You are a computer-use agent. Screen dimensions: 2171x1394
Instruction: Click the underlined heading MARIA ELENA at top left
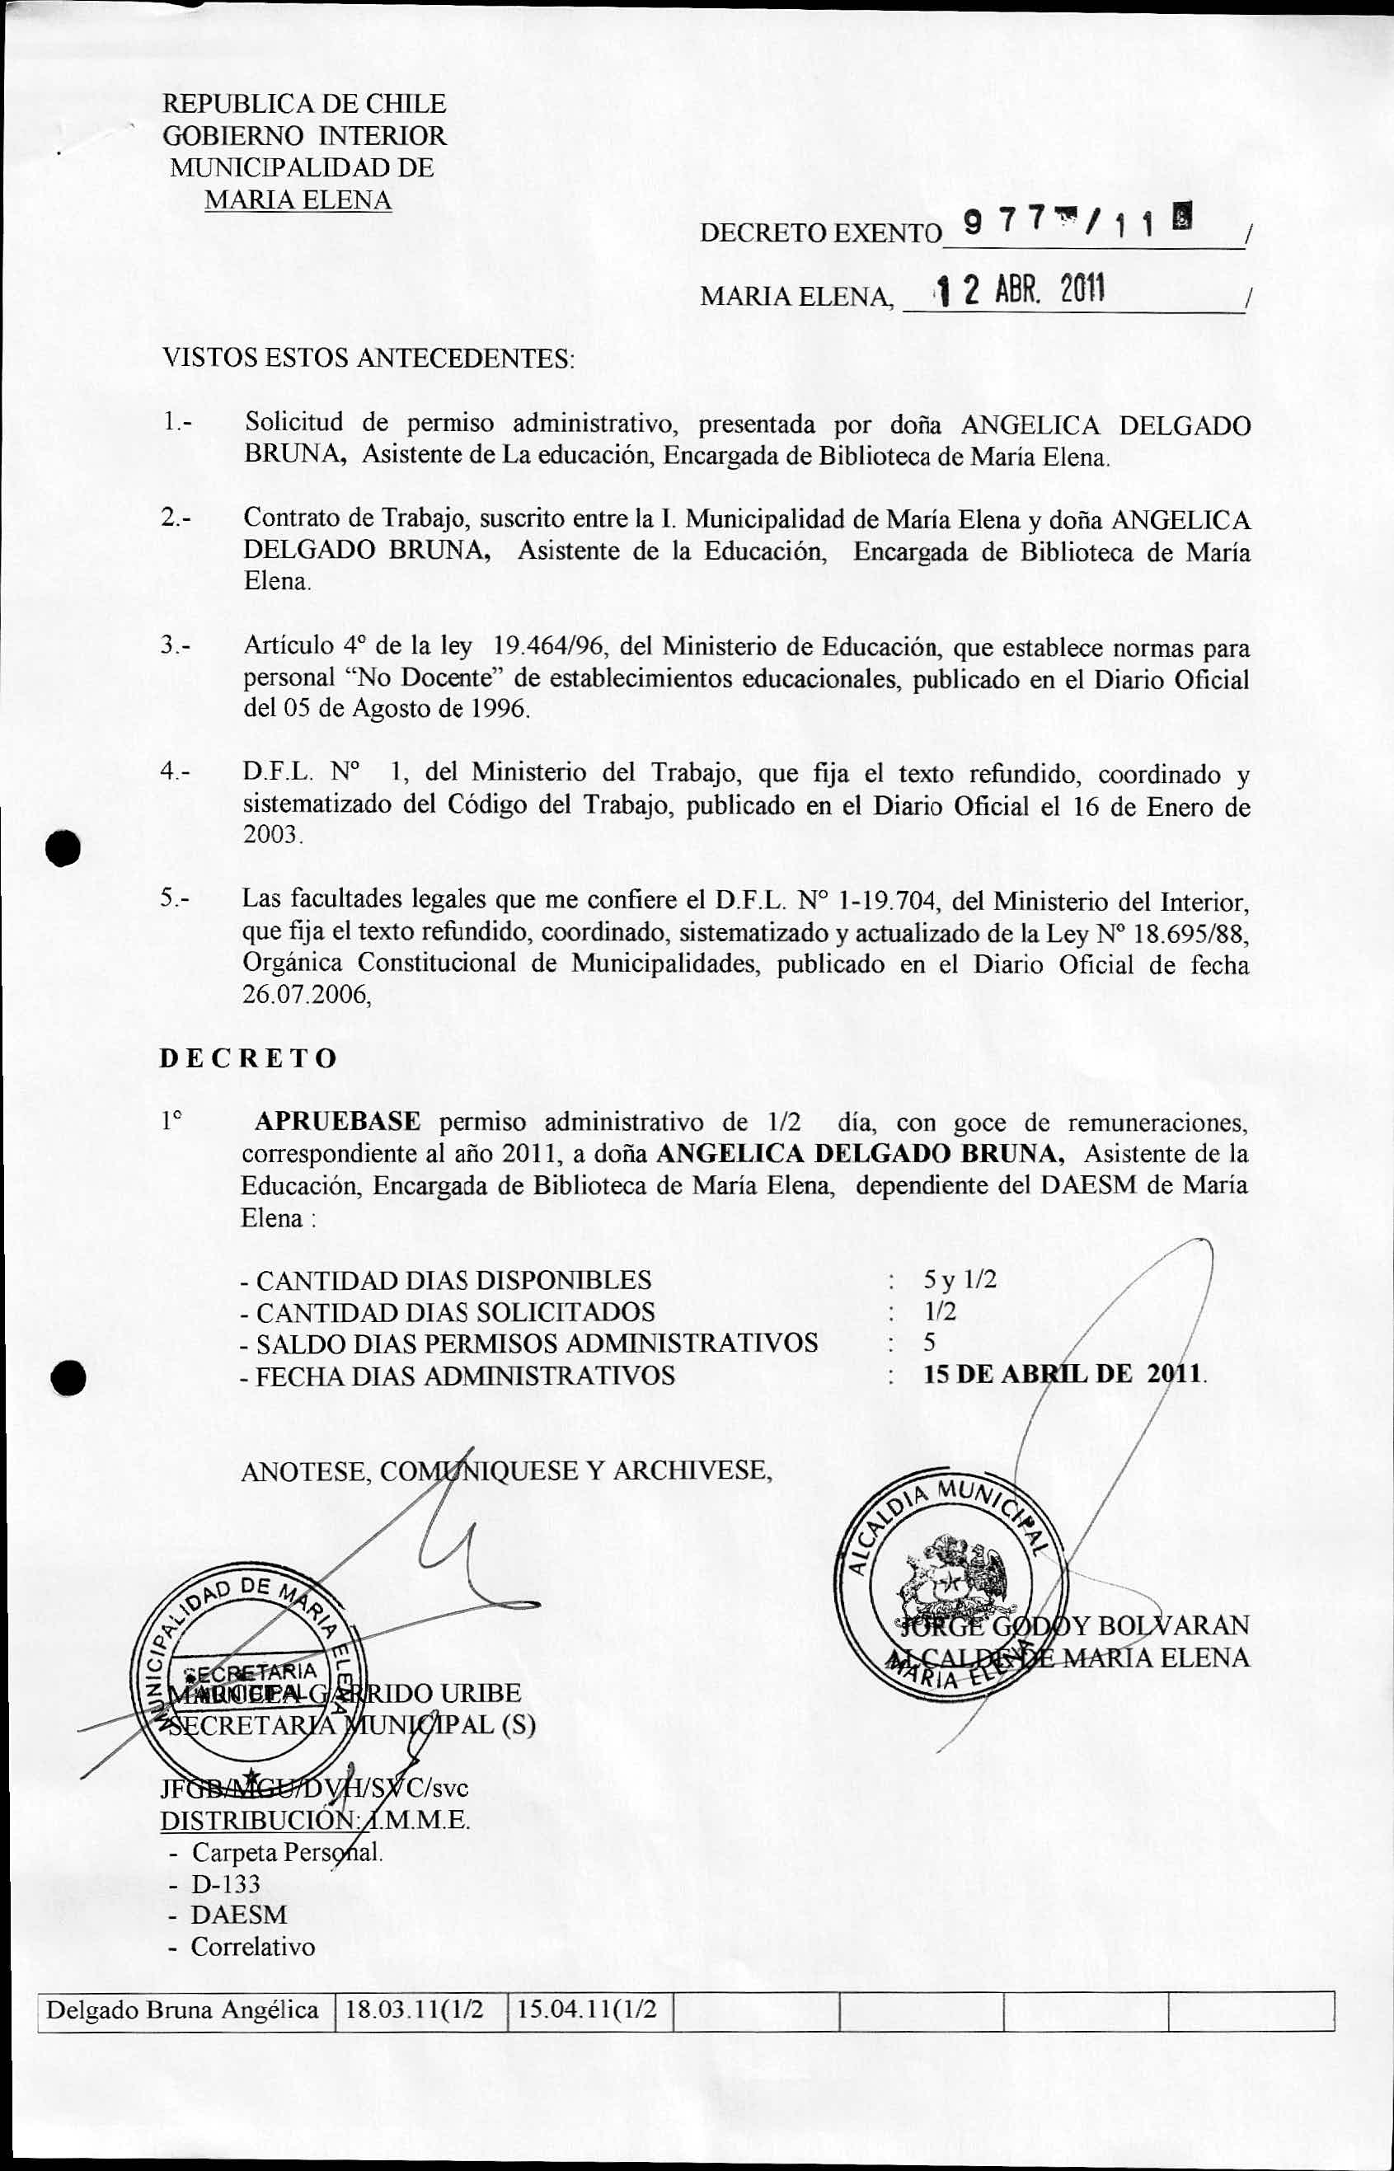(x=298, y=200)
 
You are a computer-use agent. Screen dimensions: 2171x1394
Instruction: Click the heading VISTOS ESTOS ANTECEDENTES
(x=368, y=358)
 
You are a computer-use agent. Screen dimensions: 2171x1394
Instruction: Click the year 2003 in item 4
(x=270, y=834)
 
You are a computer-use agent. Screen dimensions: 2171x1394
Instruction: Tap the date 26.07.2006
(x=306, y=995)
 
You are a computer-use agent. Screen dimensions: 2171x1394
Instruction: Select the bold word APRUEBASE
(x=336, y=1122)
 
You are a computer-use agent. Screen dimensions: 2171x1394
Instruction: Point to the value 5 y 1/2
(x=960, y=1280)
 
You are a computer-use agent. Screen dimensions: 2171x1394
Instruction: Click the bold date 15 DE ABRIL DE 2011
(x=1063, y=1374)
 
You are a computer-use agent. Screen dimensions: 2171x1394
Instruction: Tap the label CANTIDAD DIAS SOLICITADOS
(x=454, y=1312)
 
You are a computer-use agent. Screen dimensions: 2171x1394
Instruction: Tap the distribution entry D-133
(x=224, y=1884)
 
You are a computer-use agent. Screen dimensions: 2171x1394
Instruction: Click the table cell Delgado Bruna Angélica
(x=183, y=2010)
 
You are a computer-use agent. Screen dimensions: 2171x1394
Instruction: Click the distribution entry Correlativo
(x=252, y=1947)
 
